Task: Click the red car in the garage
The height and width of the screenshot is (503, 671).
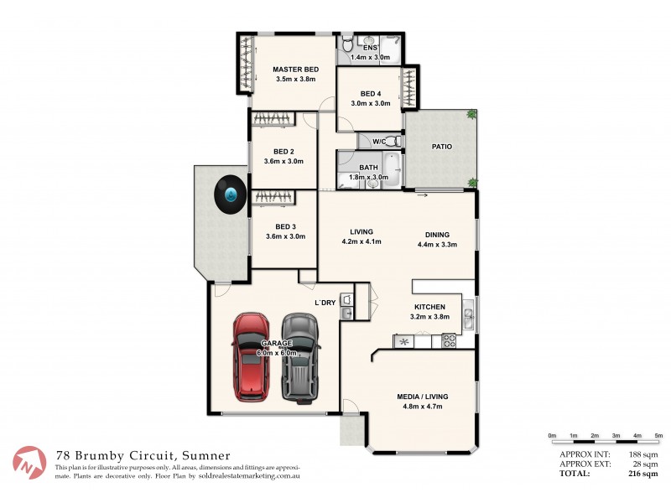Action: click(251, 356)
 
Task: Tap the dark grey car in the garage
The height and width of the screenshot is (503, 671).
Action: click(300, 356)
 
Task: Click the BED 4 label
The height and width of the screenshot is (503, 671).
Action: click(370, 93)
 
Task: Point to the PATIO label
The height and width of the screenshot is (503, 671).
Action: click(442, 147)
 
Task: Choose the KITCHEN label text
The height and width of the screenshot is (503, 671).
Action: click(429, 308)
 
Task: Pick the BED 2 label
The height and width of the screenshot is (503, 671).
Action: click(283, 151)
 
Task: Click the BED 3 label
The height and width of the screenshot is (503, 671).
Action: click(285, 226)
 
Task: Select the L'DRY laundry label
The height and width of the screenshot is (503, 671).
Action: click(325, 302)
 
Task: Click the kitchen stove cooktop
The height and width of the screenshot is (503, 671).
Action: click(449, 341)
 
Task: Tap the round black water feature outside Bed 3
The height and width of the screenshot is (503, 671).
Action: click(229, 195)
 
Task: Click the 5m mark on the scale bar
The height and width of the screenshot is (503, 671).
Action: click(658, 436)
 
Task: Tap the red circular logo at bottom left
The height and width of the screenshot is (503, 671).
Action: click(29, 463)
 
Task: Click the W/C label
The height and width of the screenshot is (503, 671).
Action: click(379, 141)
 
